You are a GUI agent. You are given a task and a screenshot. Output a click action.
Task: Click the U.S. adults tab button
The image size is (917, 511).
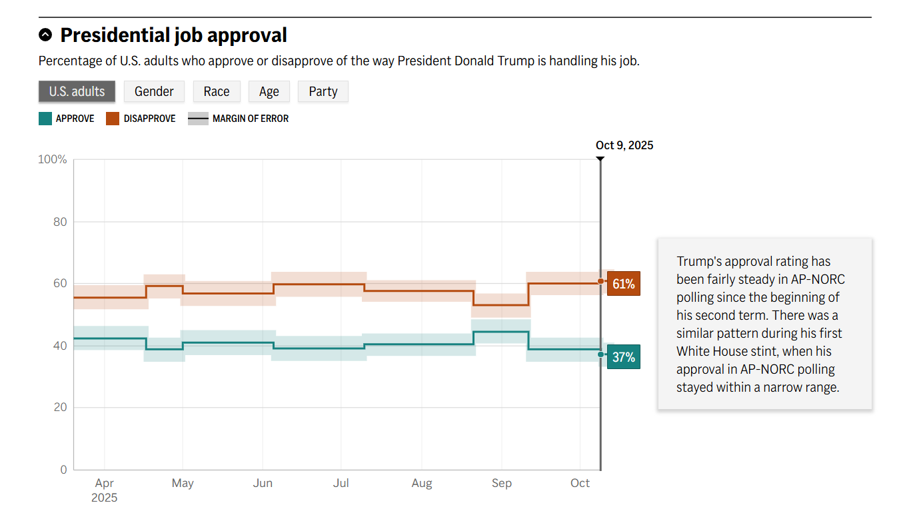click(77, 92)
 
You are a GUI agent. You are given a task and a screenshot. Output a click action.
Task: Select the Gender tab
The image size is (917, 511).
click(154, 92)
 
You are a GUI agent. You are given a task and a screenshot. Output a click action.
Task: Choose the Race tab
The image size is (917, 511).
click(217, 92)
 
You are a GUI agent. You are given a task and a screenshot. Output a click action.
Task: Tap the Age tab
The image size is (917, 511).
click(269, 92)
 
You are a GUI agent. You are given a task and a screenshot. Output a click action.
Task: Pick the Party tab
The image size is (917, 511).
click(323, 92)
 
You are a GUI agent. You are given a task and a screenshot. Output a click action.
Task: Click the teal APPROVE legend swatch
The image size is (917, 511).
click(45, 119)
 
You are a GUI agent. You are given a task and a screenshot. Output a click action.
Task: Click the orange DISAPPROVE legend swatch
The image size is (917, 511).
click(113, 119)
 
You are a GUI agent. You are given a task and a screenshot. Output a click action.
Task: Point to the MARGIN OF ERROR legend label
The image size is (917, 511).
click(250, 119)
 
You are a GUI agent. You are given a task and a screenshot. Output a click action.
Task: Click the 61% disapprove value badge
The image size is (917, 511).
click(623, 284)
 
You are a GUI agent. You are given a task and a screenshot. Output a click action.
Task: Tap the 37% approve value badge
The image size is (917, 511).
click(623, 357)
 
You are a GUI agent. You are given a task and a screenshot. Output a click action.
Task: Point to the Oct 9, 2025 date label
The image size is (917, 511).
click(624, 145)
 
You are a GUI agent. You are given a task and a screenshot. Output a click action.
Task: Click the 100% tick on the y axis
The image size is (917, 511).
click(53, 160)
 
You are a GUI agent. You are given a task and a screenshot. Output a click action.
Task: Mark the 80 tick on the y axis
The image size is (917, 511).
click(60, 222)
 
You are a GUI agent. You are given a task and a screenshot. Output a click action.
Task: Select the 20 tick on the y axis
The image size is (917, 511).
click(60, 408)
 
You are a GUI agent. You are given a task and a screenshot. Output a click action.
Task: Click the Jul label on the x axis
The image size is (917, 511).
click(341, 483)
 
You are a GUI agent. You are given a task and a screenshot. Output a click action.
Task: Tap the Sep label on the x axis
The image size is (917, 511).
click(502, 483)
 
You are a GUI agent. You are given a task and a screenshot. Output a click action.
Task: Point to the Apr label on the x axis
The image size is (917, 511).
click(105, 483)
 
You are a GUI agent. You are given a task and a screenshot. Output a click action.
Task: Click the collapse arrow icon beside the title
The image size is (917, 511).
click(45, 35)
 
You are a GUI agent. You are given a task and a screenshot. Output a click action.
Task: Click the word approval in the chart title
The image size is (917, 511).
click(245, 35)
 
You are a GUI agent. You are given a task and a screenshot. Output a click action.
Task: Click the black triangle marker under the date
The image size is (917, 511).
click(600, 159)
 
